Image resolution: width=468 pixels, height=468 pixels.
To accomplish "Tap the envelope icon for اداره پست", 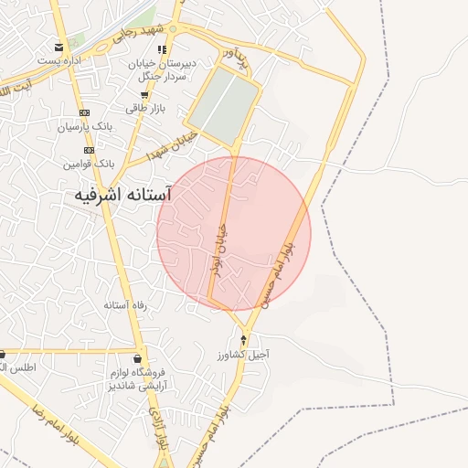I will coord(59,48).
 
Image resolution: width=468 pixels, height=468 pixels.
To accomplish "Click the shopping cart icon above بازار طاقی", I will coord(144,95).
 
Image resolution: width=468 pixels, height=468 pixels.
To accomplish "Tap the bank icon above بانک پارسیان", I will coord(85,113).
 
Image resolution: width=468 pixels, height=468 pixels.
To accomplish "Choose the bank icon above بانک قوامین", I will coord(89,150).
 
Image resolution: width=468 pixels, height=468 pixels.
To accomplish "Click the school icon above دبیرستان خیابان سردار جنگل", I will coord(163,50).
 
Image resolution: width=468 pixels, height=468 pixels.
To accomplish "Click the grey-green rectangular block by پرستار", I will coord(222,107).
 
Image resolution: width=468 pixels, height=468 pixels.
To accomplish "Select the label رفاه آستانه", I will coord(126,305).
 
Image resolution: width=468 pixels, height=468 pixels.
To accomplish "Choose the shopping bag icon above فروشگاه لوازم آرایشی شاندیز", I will coord(138,358).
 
